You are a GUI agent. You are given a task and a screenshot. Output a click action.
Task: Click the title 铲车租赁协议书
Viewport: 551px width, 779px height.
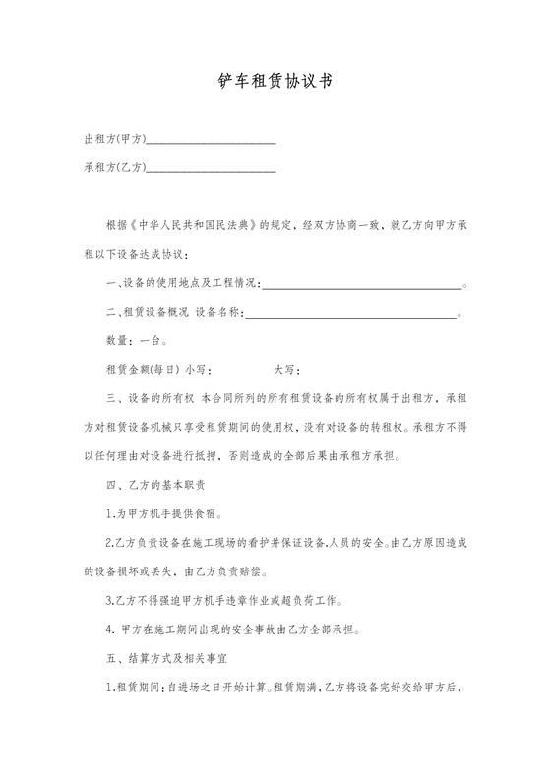[x=275, y=82]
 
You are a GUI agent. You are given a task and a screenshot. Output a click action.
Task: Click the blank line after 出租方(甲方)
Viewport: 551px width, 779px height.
[x=211, y=142]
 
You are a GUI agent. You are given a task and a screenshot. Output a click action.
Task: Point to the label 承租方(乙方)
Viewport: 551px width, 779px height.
[x=115, y=169]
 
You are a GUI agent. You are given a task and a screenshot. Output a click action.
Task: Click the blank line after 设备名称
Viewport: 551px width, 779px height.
[x=349, y=314]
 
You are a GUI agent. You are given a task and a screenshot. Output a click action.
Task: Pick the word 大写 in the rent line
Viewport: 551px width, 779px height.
[x=285, y=371]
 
